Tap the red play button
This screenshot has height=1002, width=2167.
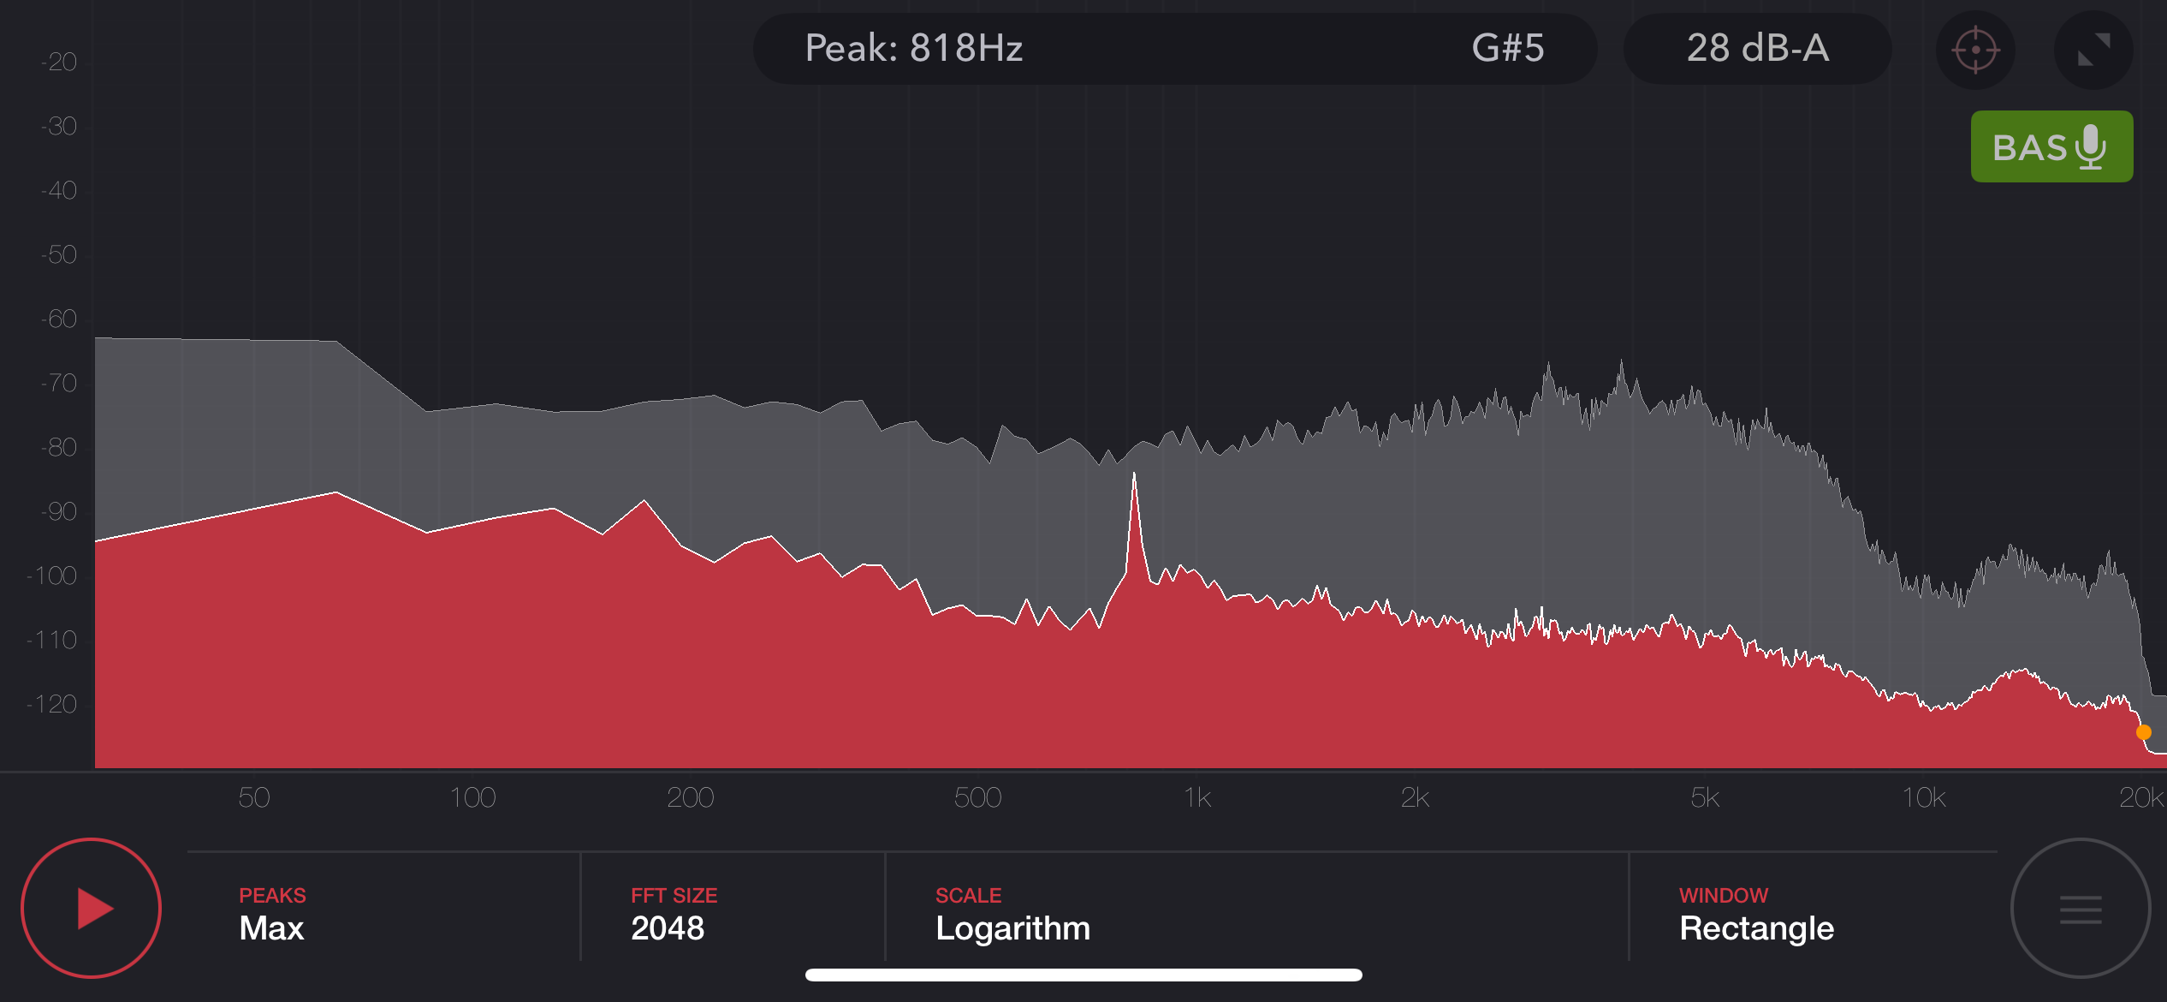91,908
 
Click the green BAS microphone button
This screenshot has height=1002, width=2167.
2051,146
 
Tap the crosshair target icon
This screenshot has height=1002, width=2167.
1974,50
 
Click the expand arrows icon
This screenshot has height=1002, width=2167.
2093,50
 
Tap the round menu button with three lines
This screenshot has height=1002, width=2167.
2080,909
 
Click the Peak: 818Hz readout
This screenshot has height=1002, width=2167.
913,48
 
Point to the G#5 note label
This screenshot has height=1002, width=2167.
1507,48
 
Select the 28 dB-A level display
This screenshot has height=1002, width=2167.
1757,48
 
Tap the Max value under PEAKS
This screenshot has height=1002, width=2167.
271,928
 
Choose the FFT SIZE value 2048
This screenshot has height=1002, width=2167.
668,928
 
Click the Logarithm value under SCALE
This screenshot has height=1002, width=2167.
1012,928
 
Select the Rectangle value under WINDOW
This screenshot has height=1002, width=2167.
1756,928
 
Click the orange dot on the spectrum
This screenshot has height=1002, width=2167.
2143,732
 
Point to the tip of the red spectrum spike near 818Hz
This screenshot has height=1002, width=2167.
1134,474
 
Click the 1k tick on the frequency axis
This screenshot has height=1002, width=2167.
1196,797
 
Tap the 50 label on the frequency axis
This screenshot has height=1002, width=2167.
253,797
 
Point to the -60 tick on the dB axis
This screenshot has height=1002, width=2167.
59,319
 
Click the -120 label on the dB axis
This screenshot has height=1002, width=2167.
53,704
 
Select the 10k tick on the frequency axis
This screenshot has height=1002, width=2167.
1923,797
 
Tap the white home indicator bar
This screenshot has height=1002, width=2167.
1083,975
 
